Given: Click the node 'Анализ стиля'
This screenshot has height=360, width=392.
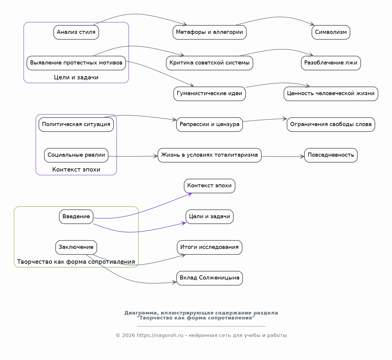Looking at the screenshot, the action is (x=76, y=32).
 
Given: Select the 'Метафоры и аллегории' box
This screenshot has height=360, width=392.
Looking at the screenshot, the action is (x=209, y=32).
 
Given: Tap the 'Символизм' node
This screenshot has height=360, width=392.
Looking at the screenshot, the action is (x=331, y=32).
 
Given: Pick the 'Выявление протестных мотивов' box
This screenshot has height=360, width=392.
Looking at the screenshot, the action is (x=76, y=63).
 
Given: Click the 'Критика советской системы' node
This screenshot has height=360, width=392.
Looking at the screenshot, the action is (x=209, y=63).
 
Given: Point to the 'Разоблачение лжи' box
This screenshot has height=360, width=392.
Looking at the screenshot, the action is (x=331, y=63).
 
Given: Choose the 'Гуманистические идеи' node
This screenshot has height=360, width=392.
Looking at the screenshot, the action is (x=209, y=94).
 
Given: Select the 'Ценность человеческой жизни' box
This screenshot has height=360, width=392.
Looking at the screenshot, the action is (x=331, y=94).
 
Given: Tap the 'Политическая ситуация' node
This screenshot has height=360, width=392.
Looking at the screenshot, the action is (x=76, y=124).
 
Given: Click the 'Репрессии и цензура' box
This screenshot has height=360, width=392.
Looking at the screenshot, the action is (x=209, y=124).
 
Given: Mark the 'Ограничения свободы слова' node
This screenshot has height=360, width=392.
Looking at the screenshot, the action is (x=331, y=124).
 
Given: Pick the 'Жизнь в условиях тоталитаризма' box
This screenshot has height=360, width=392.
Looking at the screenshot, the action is (x=209, y=155).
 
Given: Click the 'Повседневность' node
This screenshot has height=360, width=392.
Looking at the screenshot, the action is (x=331, y=155).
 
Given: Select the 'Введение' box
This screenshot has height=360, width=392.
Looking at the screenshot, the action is (x=76, y=217).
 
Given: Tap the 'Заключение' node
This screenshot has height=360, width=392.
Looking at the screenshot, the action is (x=76, y=247).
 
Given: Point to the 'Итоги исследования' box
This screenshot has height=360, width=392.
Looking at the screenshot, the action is (x=209, y=247).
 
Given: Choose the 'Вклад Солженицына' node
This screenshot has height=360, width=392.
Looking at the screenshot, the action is (x=209, y=278).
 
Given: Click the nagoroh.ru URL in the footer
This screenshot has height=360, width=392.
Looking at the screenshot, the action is (x=160, y=335).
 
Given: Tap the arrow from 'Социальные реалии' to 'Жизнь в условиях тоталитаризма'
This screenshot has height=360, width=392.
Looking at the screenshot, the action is (x=133, y=156).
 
